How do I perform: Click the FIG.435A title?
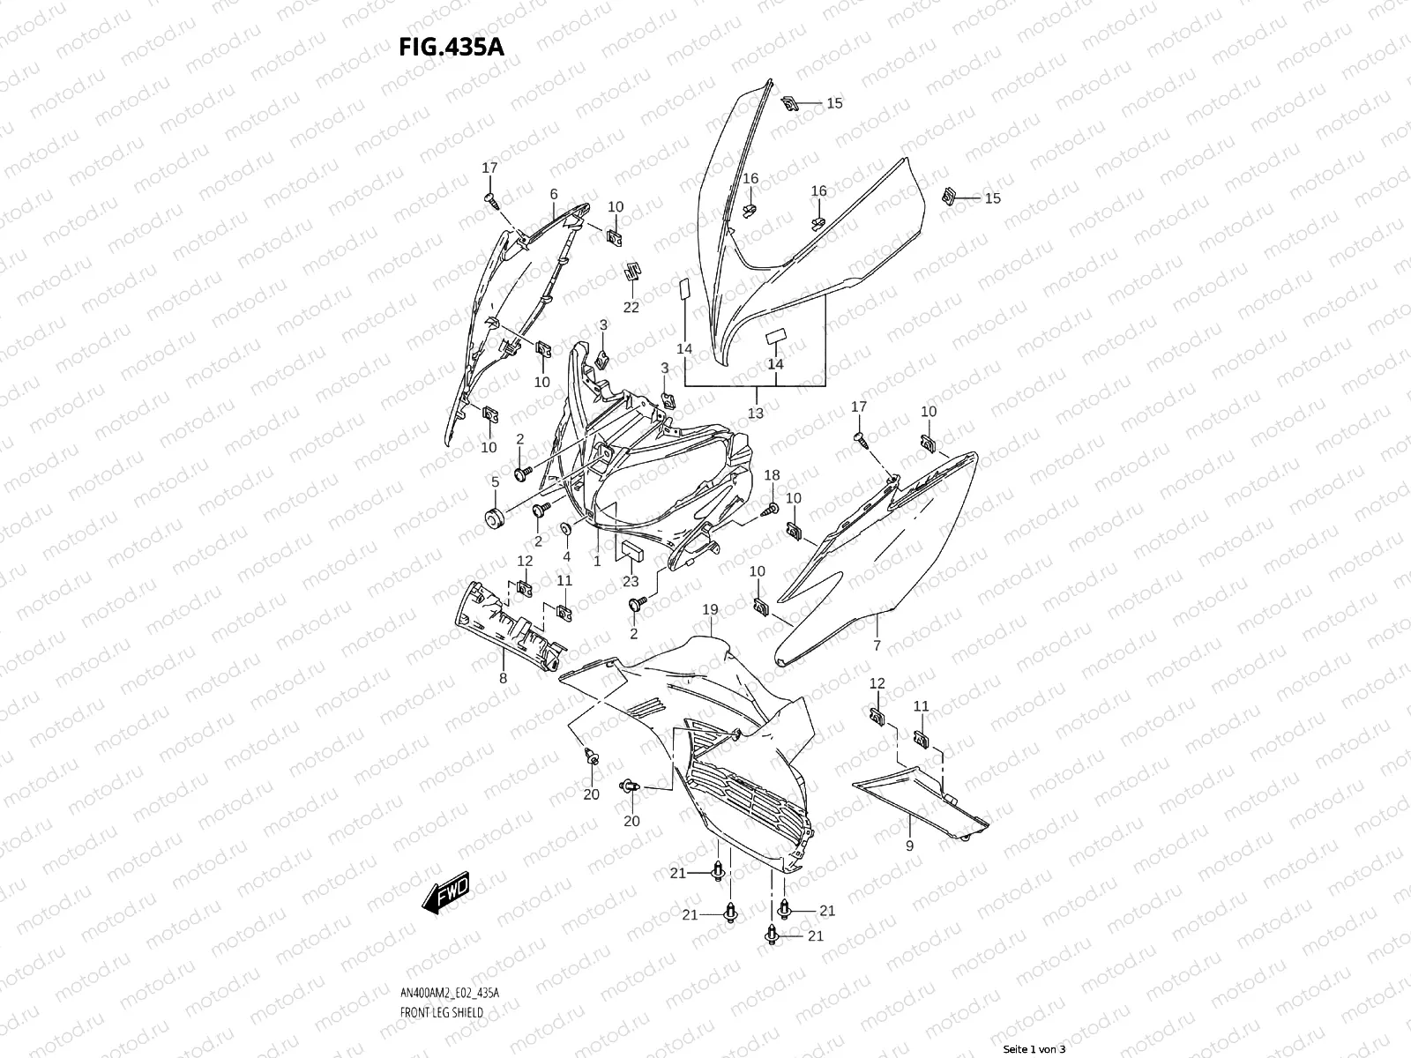452,46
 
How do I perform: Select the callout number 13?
756,413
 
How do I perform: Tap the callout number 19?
710,610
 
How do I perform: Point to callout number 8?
503,679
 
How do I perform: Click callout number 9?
909,846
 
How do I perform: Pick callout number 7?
877,645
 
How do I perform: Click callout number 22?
631,307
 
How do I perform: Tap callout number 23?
631,581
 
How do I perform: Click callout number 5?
495,481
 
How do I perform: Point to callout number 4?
566,556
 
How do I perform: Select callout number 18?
772,475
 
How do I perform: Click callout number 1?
597,560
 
